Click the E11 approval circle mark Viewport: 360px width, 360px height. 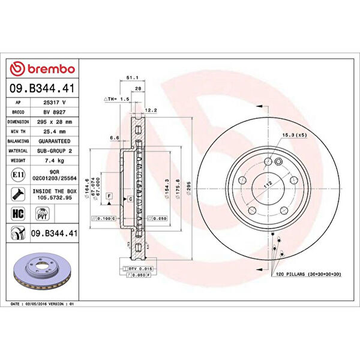tap(19, 175)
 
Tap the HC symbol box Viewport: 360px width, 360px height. tap(18, 213)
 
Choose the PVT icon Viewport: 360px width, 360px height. tap(43, 213)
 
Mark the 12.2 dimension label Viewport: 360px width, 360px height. tap(151, 110)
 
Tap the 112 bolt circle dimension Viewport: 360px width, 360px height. tap(262, 184)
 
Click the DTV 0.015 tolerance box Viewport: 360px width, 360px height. tap(140, 269)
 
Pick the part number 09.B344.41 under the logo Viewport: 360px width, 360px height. tap(43, 88)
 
